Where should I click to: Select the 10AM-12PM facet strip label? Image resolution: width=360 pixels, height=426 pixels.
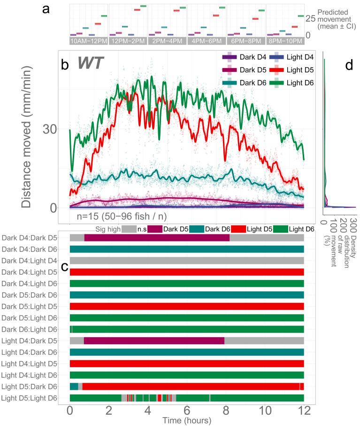click(x=89, y=41)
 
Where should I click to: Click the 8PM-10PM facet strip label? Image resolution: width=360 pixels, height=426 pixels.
click(x=285, y=41)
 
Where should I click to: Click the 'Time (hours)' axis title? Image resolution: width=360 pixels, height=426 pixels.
click(x=186, y=421)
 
